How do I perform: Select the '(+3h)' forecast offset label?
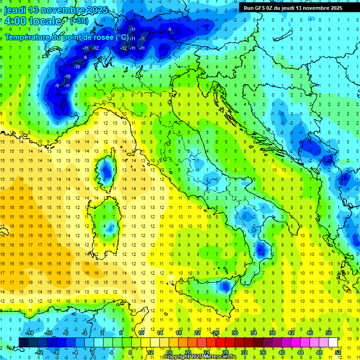78,21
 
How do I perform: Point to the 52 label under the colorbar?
338,352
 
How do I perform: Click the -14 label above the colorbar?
29,332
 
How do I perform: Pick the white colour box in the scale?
333,342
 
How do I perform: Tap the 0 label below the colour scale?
93,352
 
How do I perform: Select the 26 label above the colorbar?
216,332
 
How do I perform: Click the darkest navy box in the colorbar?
23,342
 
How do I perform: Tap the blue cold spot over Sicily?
225,285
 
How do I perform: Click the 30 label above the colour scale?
235,332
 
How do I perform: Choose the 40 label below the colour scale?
282,352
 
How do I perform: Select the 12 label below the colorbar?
150,352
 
